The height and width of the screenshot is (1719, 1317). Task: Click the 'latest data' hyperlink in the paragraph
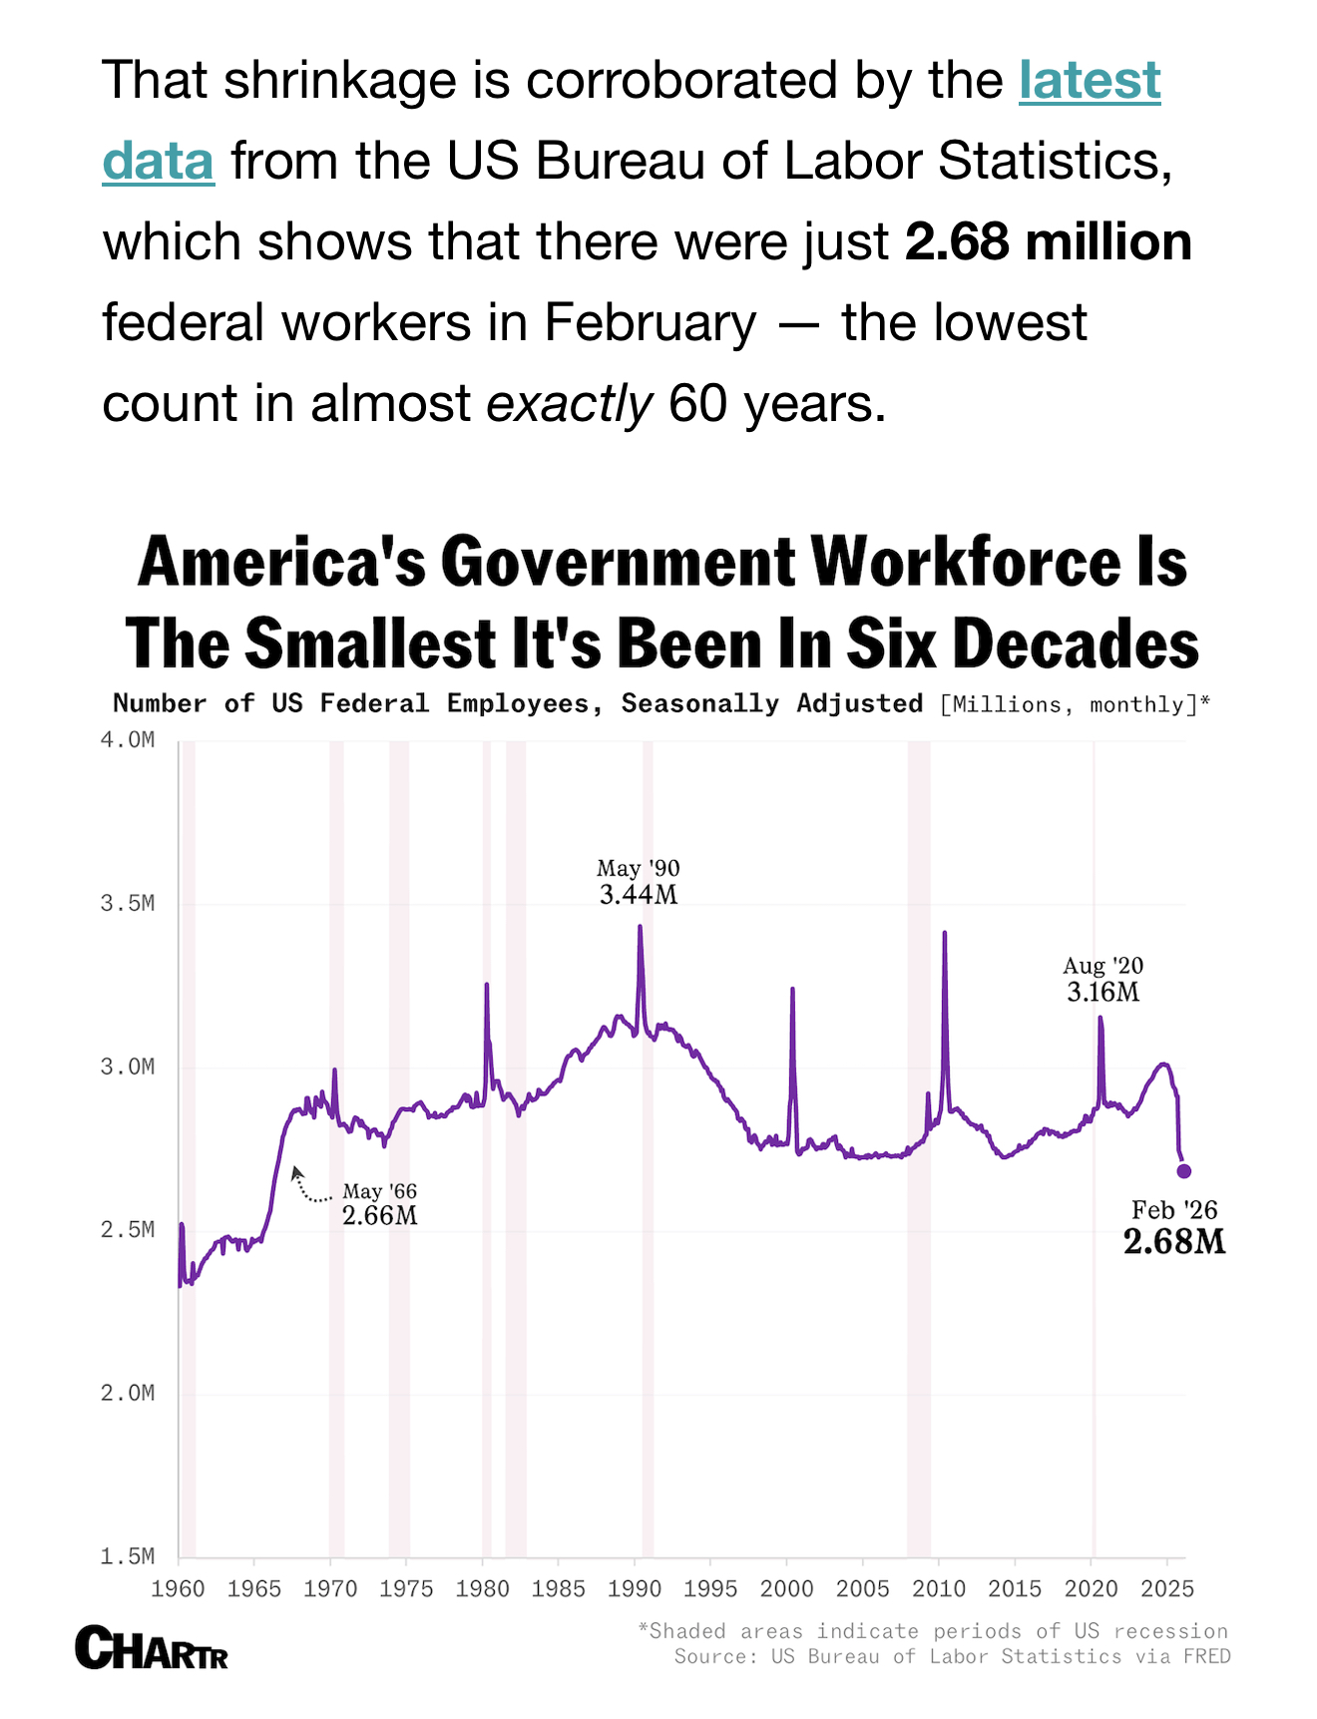point(1089,81)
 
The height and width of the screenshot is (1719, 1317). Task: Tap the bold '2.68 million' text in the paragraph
point(1048,242)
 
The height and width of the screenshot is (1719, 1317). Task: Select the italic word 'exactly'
point(569,404)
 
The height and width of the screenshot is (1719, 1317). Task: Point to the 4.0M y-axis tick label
point(128,741)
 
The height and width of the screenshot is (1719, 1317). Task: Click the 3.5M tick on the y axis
point(128,904)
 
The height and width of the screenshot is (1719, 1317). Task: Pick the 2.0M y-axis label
point(128,1393)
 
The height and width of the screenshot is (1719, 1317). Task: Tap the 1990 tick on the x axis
point(634,1588)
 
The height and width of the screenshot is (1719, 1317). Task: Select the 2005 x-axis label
point(862,1588)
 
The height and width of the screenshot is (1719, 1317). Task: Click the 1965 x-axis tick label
point(253,1588)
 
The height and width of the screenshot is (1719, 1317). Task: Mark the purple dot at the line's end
point(1184,1171)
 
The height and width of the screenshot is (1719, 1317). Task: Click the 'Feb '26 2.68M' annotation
point(1174,1228)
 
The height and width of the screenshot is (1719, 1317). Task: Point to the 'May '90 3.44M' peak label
point(638,882)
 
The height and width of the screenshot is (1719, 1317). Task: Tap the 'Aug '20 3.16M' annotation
point(1102,979)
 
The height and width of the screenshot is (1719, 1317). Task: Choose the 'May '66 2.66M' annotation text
point(379,1204)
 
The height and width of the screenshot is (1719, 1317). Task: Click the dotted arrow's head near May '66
point(295,1171)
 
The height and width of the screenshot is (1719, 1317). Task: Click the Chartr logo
point(152,1648)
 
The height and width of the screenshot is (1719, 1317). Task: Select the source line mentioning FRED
point(952,1656)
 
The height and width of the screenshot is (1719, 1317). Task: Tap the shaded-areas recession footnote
point(933,1631)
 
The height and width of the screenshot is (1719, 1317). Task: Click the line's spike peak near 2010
point(944,934)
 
